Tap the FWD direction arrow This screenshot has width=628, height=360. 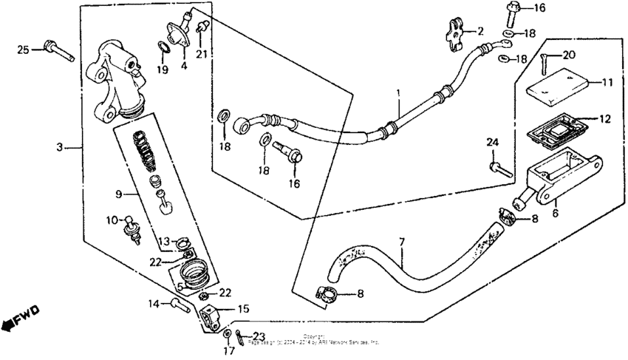click(20, 317)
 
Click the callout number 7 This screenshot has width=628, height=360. click(403, 242)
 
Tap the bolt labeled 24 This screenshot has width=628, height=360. click(499, 167)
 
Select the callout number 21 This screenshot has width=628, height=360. click(200, 52)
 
